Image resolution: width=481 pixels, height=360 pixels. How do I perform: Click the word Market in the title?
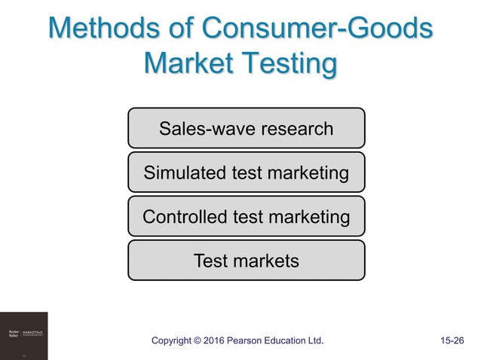pos(188,65)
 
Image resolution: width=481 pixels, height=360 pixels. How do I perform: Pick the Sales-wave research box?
pos(246,128)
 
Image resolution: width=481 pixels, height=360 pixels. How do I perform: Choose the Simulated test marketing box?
pos(246,172)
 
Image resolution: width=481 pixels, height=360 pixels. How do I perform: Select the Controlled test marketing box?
pos(246,217)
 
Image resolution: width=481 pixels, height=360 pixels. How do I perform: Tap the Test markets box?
pos(246,261)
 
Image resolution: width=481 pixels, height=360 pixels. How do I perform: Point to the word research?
pos(296,129)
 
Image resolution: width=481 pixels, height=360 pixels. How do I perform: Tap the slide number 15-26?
pos(452,341)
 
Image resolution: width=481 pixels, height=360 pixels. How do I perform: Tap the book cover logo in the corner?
pos(23,336)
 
